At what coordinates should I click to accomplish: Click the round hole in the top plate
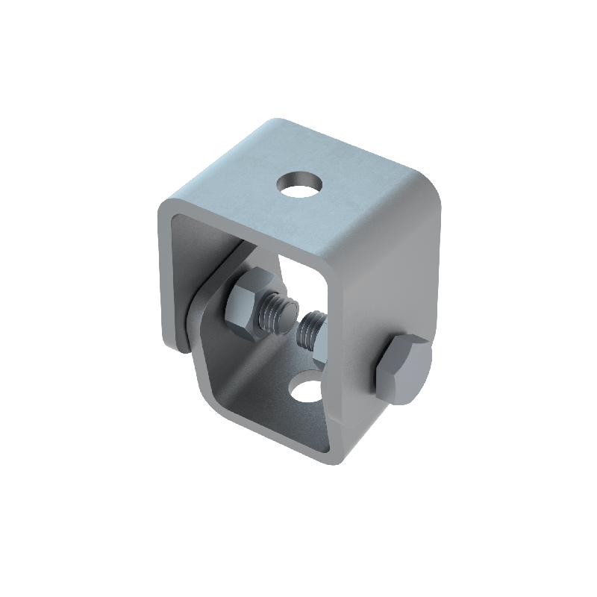point(298,183)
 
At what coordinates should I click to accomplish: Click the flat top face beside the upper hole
point(351,179)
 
